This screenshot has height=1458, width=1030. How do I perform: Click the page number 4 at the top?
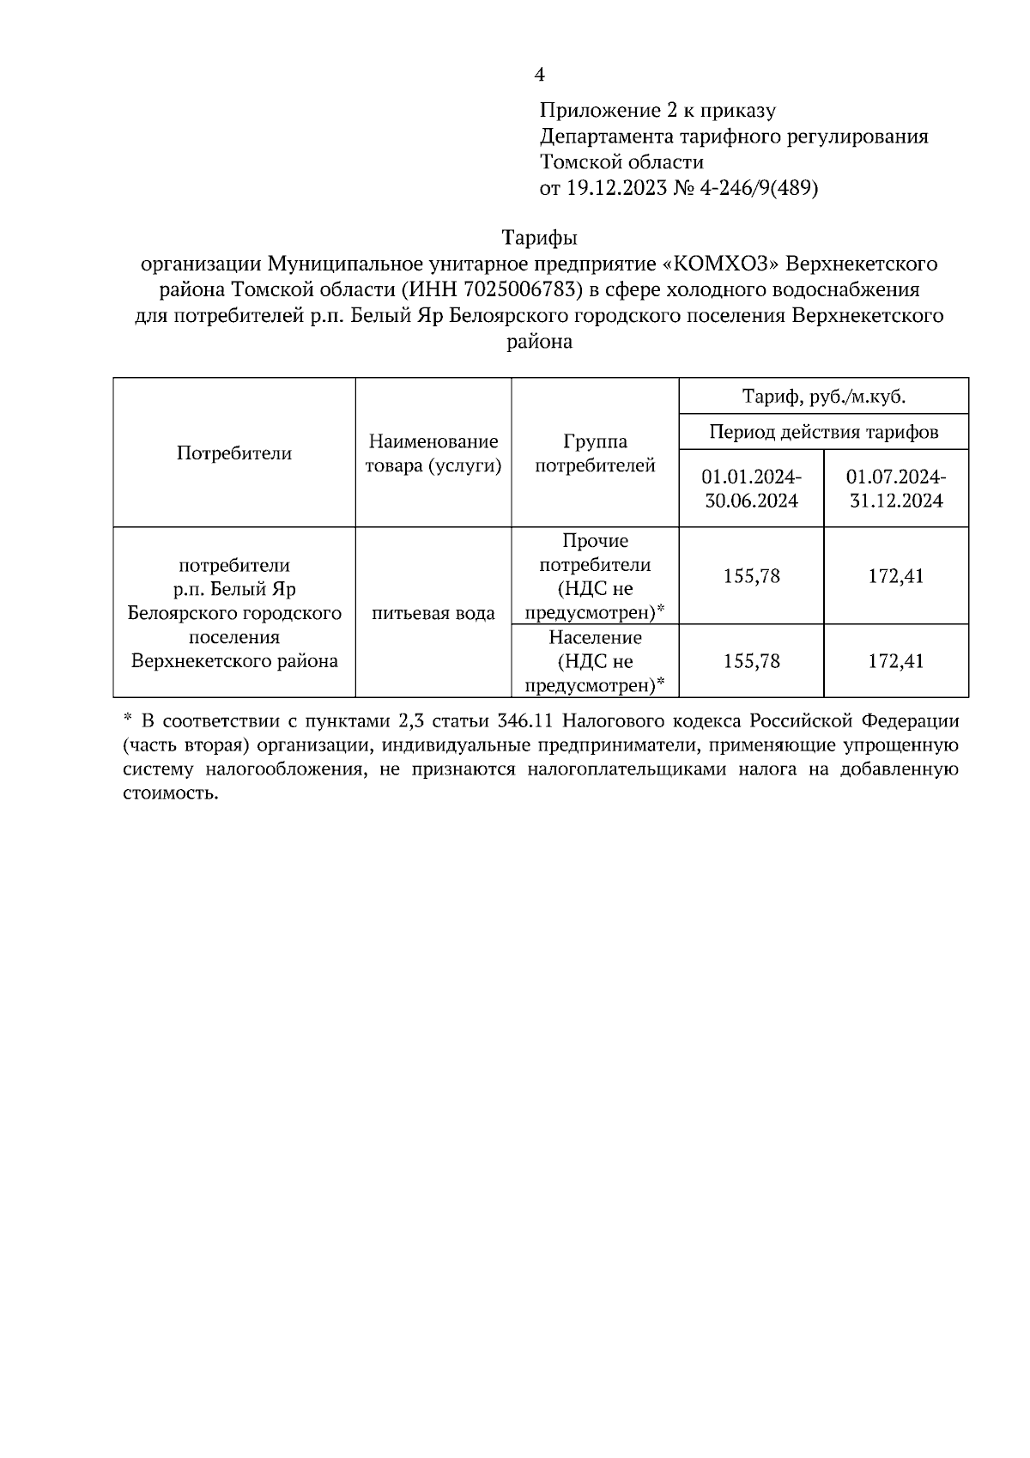540,75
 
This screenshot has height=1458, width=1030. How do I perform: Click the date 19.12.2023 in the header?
615,188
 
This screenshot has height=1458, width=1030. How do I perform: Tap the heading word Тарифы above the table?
539,236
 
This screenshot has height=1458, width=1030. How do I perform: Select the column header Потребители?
233,453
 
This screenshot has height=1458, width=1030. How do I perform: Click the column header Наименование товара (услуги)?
433,453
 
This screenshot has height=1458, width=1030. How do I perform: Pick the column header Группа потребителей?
595,453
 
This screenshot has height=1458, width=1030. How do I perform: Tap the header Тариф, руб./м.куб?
823,397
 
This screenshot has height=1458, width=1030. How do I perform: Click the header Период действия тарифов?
823,432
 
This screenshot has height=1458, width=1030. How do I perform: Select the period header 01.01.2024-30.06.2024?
751,489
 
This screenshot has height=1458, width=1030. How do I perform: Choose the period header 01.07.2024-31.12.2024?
896,489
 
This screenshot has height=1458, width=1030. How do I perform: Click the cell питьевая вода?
433,613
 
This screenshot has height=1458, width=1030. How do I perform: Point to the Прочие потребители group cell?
595,576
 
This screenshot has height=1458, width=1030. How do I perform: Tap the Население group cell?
595,661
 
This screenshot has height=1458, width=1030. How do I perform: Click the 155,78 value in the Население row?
751,661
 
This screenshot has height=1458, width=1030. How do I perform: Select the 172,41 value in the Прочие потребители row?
896,575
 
